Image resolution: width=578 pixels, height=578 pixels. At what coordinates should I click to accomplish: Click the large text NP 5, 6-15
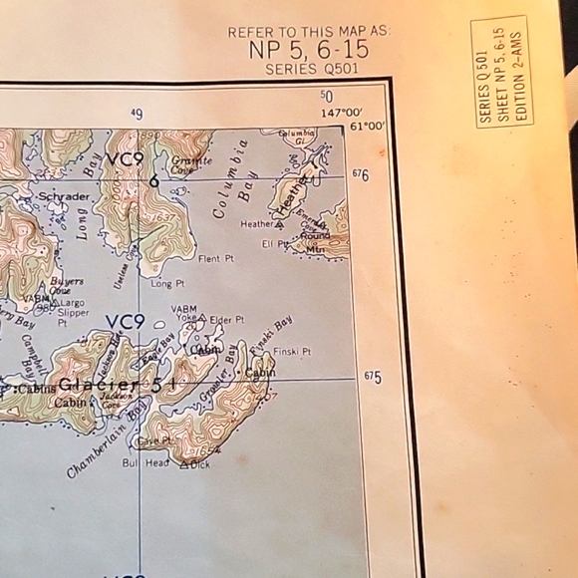point(309,51)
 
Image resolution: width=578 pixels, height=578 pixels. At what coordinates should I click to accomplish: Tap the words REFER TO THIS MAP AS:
point(309,32)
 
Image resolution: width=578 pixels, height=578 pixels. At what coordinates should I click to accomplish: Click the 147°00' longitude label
point(341,113)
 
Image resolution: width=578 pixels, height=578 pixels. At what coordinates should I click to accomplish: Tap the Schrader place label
point(64,196)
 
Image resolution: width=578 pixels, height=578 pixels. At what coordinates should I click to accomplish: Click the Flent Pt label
point(215,259)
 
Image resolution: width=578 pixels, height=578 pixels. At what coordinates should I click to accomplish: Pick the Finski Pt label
point(292,352)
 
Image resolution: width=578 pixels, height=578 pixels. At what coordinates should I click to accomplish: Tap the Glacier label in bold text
point(99,385)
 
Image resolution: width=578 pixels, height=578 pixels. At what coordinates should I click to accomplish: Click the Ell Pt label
point(275,243)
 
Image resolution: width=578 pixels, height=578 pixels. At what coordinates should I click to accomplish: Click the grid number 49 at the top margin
point(137,114)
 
